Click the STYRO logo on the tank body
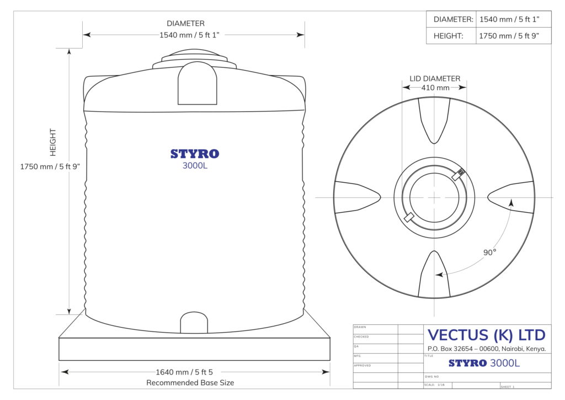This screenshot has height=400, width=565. [194, 154]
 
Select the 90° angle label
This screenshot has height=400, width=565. [490, 252]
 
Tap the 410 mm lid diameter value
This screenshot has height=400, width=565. [435, 87]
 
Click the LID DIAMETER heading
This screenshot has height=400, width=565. [435, 78]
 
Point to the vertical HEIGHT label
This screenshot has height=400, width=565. [53, 142]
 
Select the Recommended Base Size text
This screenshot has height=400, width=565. [190, 382]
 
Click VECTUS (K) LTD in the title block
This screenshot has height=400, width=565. [486, 335]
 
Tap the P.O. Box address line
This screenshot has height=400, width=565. [486, 349]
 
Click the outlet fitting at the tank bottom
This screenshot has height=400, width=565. [194, 323]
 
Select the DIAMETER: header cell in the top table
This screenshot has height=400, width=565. [453, 19]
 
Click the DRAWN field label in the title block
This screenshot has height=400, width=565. [360, 327]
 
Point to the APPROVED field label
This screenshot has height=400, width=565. [363, 366]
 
